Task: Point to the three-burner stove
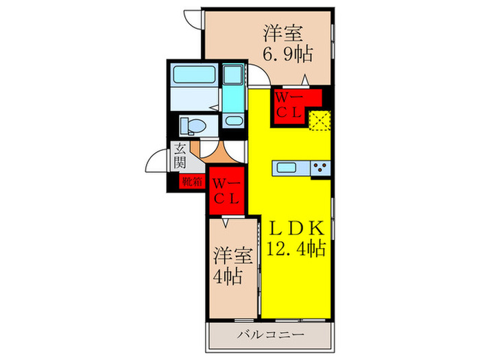pos(320,167)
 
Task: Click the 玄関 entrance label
pos(179,155)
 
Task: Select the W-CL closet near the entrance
pos(227,191)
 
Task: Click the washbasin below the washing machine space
pos(234,122)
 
